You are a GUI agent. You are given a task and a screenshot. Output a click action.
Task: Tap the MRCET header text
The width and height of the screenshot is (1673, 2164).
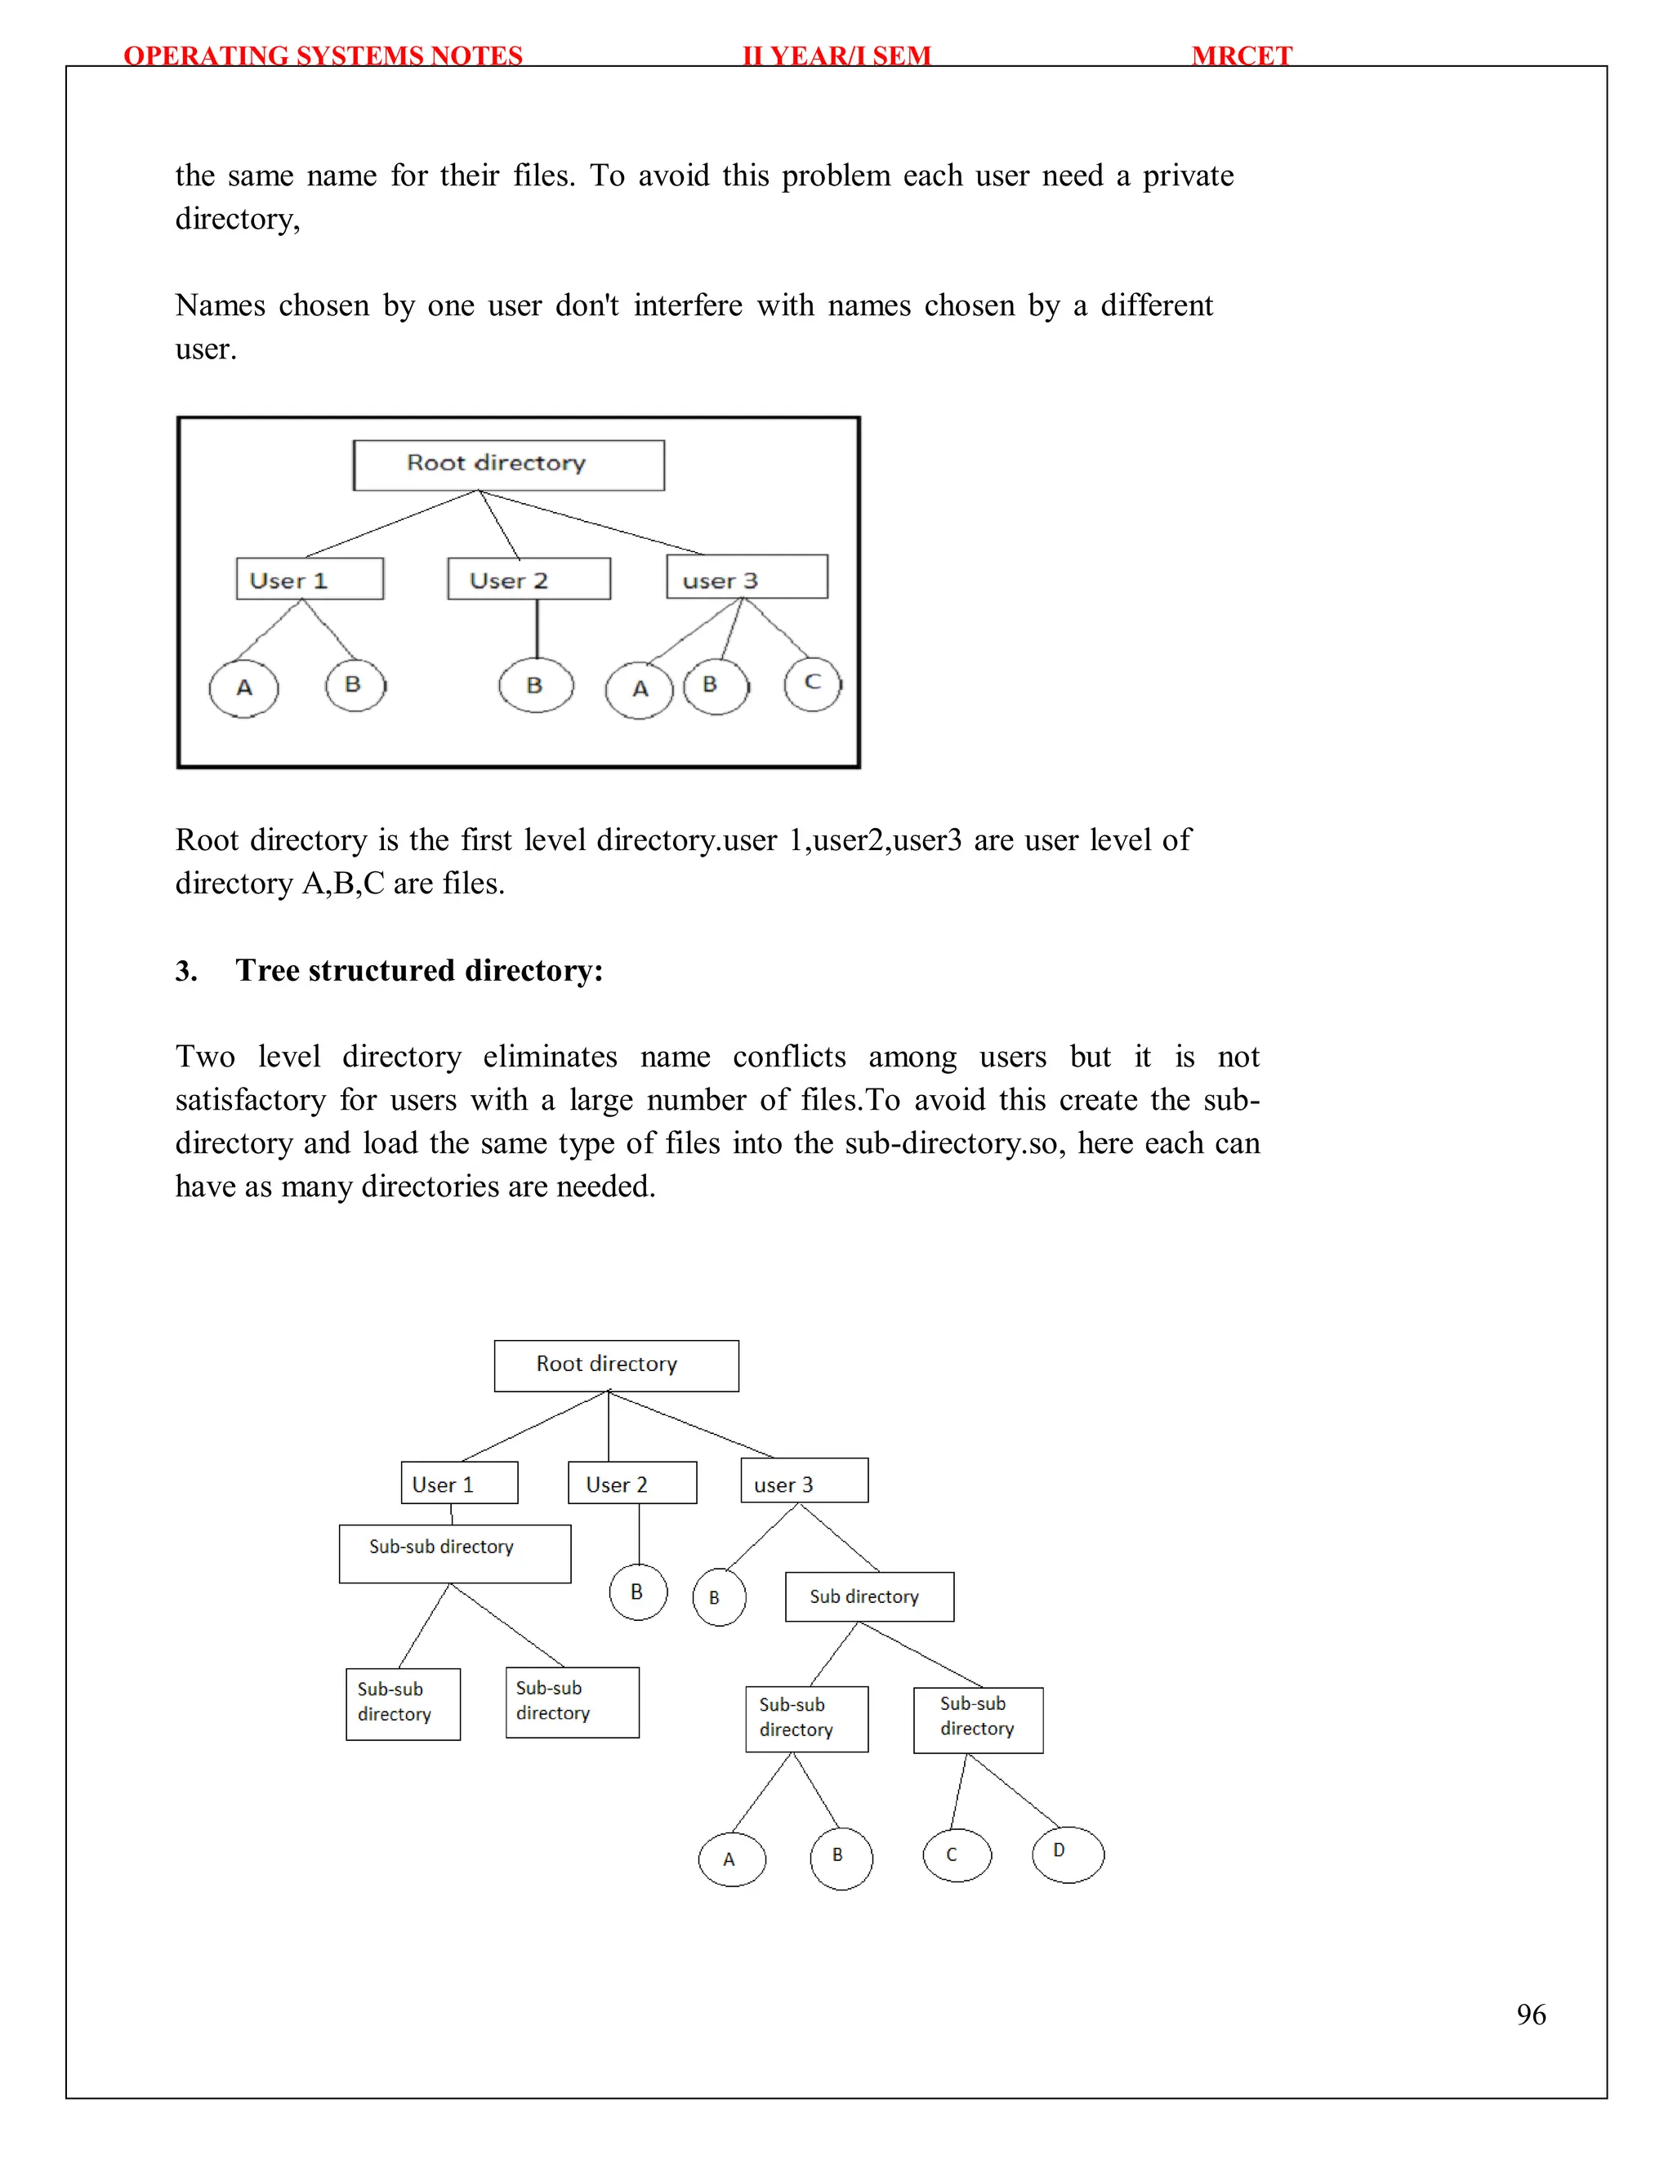(x=1241, y=56)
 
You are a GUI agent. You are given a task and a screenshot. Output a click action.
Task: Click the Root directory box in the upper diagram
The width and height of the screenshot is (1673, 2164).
(x=508, y=465)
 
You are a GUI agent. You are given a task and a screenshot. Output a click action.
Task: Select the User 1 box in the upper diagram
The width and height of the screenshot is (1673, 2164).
(x=310, y=579)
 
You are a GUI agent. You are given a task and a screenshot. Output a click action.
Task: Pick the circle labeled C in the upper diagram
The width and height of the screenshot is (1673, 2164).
(x=812, y=683)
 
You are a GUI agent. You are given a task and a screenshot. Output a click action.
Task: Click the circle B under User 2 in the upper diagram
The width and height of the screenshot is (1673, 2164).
(x=535, y=686)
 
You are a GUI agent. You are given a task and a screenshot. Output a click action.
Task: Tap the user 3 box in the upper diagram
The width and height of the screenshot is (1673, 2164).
(x=747, y=577)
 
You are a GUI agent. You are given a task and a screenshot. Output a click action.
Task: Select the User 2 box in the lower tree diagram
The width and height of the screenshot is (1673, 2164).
(x=631, y=1483)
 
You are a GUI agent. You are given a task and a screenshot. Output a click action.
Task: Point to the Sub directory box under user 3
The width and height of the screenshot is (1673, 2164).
(x=869, y=1596)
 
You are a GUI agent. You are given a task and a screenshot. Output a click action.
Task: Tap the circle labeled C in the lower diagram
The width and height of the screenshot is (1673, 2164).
(x=956, y=1855)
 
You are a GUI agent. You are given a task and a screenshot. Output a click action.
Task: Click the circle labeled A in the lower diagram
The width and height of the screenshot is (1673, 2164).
(x=731, y=1859)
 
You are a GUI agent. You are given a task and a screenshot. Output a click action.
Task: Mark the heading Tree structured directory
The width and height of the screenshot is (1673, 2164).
(x=419, y=970)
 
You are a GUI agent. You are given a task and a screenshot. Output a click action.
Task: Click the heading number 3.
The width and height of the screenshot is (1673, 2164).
(x=185, y=971)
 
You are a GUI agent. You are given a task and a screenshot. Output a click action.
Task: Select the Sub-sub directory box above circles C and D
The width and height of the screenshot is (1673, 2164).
(x=977, y=1719)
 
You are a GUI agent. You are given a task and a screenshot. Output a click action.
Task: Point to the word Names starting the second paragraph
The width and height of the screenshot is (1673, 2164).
(x=220, y=305)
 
